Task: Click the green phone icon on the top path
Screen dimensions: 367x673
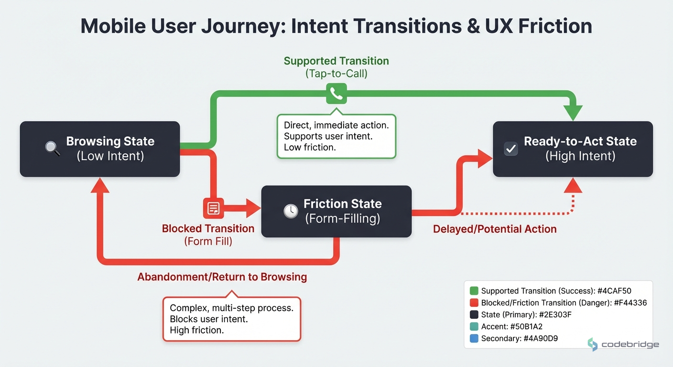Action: point(336,94)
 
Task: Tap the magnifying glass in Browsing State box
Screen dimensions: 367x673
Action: point(53,149)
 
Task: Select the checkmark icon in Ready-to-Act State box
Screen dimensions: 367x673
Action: point(510,149)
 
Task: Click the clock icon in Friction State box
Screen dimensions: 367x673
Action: point(291,211)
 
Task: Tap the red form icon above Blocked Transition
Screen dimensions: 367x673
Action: point(213,208)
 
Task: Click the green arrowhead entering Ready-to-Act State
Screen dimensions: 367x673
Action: point(573,113)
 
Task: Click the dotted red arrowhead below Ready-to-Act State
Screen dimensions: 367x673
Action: point(573,185)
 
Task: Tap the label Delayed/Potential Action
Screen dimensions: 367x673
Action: point(495,229)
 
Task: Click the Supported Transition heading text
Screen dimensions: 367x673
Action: point(336,61)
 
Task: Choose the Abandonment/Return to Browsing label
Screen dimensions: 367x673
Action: point(222,277)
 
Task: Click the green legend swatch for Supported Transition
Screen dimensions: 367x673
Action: point(474,291)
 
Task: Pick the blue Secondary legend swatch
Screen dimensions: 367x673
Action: point(474,338)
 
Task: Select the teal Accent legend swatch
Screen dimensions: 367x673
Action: point(474,326)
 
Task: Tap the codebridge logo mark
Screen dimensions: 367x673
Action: point(593,345)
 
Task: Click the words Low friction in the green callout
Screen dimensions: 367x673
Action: point(310,147)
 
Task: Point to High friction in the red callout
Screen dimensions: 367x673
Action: point(196,330)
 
